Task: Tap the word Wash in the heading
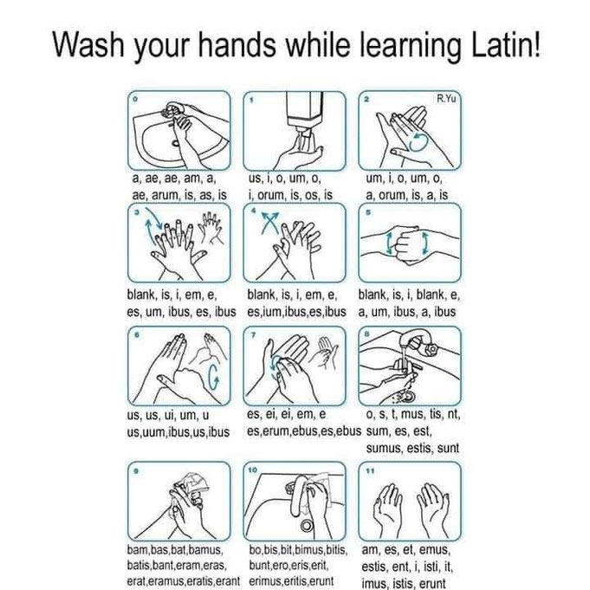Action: click(x=88, y=44)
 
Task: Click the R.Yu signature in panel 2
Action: click(x=446, y=99)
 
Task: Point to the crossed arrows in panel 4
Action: click(x=270, y=223)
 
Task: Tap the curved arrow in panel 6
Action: click(x=213, y=377)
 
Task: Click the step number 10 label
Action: click(x=252, y=470)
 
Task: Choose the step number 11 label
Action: click(x=370, y=470)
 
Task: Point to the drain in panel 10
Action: click(x=307, y=525)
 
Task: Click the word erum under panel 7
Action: click(x=276, y=431)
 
